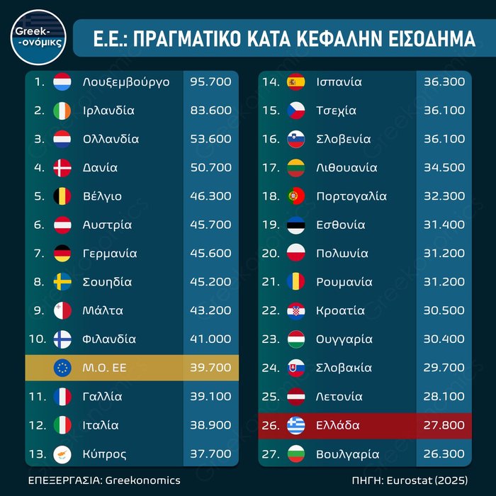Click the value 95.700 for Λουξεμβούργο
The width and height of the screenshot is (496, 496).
point(210,81)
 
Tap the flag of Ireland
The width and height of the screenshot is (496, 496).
point(62,111)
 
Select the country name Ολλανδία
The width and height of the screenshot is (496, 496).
point(111,139)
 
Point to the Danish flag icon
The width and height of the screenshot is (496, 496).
point(62,168)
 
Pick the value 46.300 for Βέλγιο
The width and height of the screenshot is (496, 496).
point(210,196)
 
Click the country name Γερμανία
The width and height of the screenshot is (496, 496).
point(110,253)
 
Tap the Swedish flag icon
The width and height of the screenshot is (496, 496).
point(62,282)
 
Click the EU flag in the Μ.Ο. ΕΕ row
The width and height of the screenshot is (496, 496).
point(62,368)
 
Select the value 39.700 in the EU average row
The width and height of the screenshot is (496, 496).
point(210,368)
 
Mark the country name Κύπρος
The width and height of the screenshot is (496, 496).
point(106,453)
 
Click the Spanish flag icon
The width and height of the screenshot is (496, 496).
point(295,81)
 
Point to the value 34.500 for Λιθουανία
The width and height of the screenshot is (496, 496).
point(444,168)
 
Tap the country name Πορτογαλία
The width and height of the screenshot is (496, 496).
point(351,196)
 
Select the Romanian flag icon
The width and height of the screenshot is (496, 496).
point(295,282)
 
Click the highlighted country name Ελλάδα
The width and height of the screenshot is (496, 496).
point(338,425)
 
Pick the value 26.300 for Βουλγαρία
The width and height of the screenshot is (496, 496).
point(444,453)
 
